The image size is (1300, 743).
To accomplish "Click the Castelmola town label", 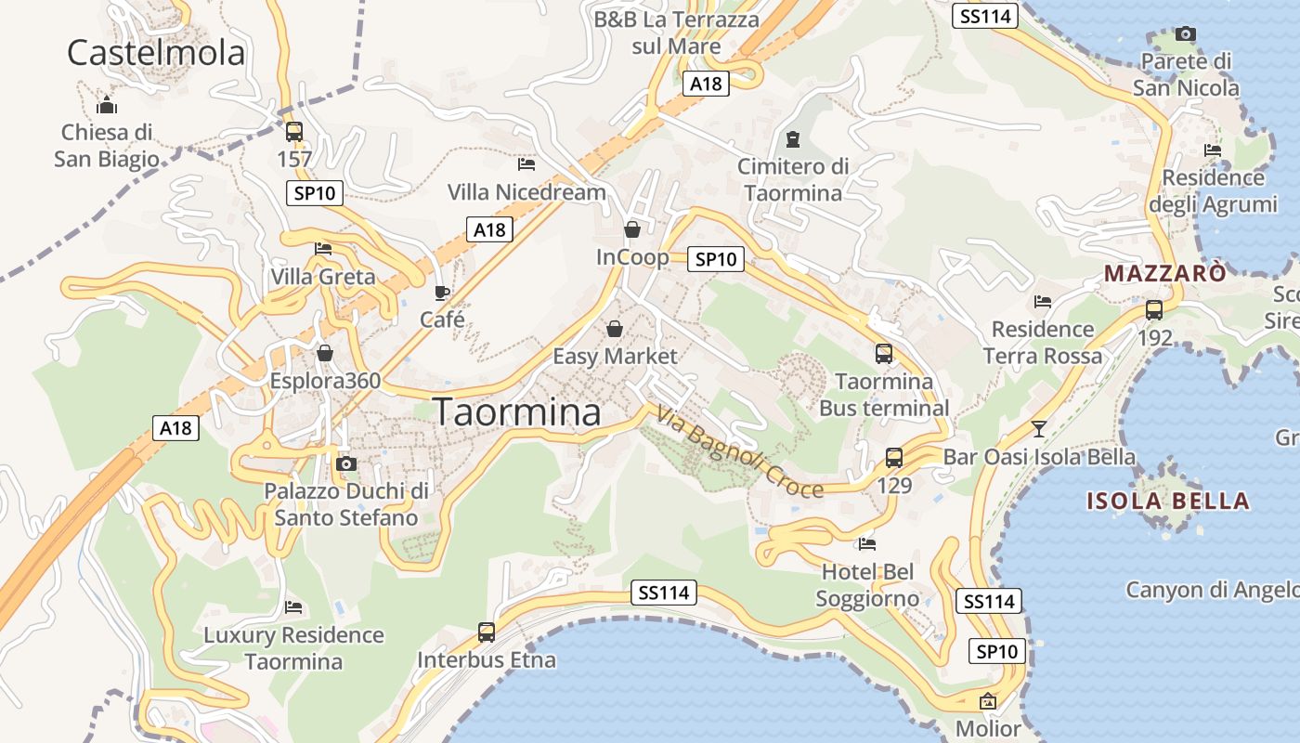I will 156,52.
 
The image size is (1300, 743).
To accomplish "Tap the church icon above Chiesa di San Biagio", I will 107,104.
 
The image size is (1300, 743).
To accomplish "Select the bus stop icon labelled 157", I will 294,132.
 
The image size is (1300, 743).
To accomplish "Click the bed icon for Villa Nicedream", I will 526,164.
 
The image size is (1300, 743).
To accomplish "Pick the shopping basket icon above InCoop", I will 632,228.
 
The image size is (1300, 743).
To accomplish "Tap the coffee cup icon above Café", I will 442,293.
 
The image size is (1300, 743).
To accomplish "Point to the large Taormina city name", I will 517,412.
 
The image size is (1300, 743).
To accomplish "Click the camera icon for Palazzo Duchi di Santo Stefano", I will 346,463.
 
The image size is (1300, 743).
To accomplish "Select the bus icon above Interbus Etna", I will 487,632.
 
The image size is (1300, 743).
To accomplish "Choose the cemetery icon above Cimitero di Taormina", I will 792,139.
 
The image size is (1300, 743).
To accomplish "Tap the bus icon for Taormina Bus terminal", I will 884,354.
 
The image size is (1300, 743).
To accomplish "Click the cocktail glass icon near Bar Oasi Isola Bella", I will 1039,429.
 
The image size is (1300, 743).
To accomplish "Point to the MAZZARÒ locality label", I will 1164,273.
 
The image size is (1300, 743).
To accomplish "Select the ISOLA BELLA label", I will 1168,502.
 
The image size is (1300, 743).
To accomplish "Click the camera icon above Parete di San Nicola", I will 1185,34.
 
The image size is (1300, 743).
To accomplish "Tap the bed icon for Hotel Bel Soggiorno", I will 867,544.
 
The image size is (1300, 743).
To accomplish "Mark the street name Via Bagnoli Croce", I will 739,452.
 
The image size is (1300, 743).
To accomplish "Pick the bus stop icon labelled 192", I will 1154,310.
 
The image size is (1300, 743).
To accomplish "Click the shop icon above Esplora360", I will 325,353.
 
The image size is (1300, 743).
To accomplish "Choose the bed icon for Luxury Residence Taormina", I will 293,608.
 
